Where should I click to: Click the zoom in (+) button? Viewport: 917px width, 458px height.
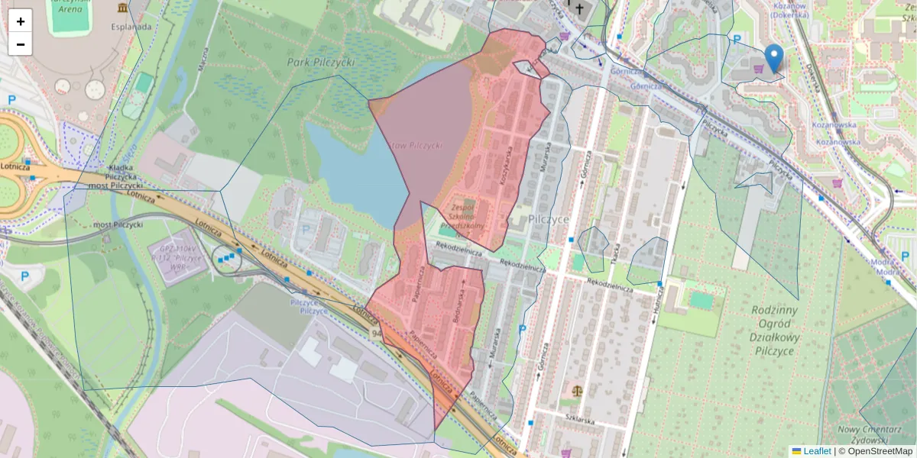(x=21, y=21)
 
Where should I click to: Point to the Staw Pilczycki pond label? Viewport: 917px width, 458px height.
(x=416, y=145)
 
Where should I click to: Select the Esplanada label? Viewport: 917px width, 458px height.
(x=131, y=25)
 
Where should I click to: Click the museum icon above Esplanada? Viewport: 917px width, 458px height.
(x=123, y=8)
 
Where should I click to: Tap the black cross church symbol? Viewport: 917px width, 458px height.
(x=579, y=9)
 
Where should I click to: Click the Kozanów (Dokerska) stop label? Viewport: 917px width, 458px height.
(x=789, y=9)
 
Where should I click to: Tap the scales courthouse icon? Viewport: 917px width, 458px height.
(x=575, y=391)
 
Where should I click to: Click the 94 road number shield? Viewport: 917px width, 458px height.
(x=376, y=334)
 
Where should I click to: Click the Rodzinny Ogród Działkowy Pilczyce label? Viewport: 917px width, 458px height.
(x=774, y=331)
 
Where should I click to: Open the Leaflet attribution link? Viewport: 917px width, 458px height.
(x=816, y=451)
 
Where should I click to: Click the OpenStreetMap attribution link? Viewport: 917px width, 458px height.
(x=879, y=451)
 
